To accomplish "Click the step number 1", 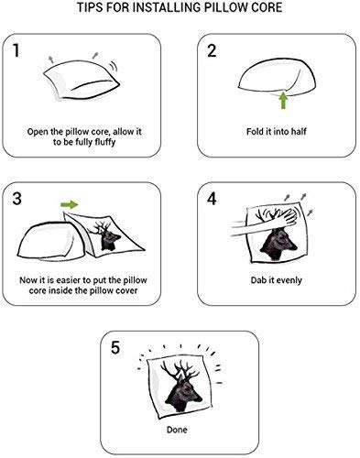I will [x=21, y=53].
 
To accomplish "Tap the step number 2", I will [x=212, y=53].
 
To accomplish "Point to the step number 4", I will [x=212, y=198].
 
